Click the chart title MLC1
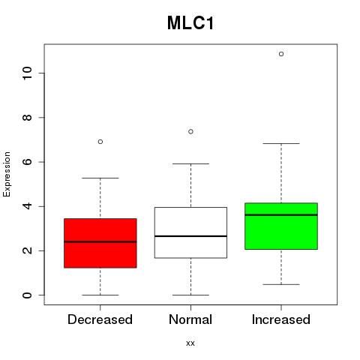coord(190,23)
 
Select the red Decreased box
coord(100,243)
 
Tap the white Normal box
coord(190,232)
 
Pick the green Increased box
coord(281,226)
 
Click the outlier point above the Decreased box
coord(100,142)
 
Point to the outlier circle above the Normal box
coord(190,131)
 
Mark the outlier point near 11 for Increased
coord(281,54)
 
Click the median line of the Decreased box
coord(100,241)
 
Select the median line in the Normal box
coord(190,236)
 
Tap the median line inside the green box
coord(281,214)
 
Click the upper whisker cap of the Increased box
coord(281,143)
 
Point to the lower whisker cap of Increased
coord(281,284)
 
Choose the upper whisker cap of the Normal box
coord(190,163)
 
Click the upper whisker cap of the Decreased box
coord(100,178)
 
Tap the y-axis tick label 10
coord(27,73)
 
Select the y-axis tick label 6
coord(27,162)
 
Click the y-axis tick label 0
coord(27,295)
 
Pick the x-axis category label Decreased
coord(100,319)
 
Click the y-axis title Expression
coord(7,174)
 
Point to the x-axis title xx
coord(190,343)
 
